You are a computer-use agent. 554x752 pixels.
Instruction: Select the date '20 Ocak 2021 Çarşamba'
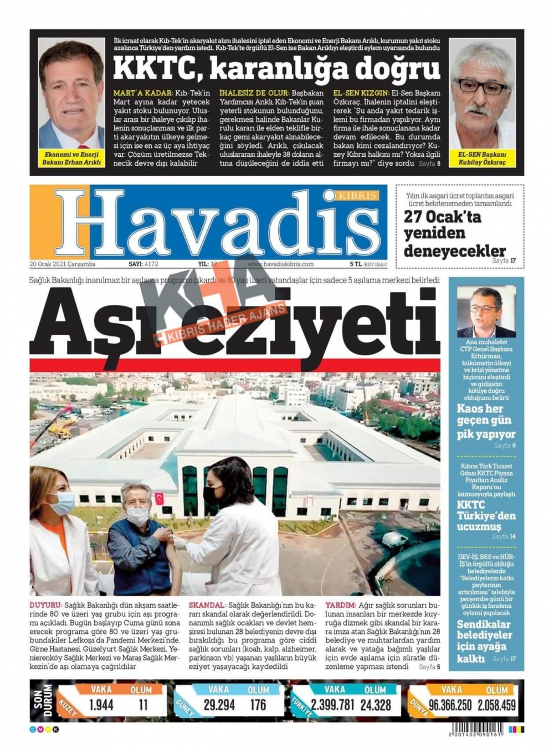(63, 264)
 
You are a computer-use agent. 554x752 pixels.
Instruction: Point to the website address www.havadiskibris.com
(280, 264)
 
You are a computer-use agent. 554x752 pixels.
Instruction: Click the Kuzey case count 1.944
(101, 705)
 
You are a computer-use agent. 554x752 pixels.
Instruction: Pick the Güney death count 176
(258, 705)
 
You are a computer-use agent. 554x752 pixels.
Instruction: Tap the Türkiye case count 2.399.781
(332, 705)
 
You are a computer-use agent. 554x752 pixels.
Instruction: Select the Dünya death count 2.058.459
(496, 705)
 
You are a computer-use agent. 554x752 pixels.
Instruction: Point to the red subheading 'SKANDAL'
(207, 606)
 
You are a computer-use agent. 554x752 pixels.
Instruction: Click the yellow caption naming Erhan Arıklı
(71, 158)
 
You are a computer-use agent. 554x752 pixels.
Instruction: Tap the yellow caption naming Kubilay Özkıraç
(482, 158)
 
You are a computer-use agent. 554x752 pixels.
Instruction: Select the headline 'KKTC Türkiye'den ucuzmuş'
(486, 515)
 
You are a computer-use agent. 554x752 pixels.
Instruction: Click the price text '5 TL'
(355, 264)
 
